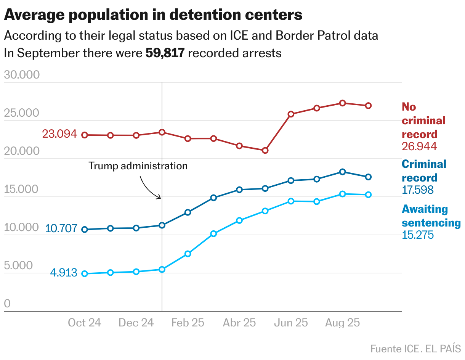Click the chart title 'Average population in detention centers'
point(153,15)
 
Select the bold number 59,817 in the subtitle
point(165,53)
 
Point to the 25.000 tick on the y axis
point(22,113)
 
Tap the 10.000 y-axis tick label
point(22,227)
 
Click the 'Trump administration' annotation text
point(138,166)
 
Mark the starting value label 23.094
point(59,134)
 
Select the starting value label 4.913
point(64,273)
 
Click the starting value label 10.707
point(61,228)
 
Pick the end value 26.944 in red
point(419,146)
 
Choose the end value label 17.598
point(418,190)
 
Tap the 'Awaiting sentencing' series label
point(431,216)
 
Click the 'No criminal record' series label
point(423,121)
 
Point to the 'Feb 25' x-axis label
point(188,323)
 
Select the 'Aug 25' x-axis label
point(342,323)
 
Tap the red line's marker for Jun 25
point(291,114)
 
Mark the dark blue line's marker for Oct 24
point(85,230)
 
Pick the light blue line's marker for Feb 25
point(188,254)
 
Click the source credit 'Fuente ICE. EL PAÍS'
point(415,349)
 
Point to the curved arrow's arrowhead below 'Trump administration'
point(160,198)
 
